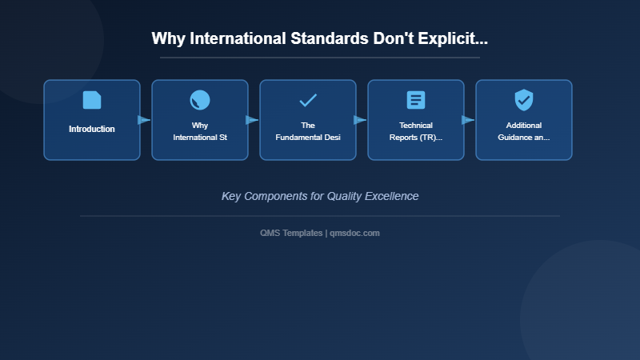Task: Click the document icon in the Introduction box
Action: click(x=92, y=100)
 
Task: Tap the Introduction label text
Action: click(x=92, y=129)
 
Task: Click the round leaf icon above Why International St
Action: click(x=200, y=100)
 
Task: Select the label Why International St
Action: click(x=200, y=131)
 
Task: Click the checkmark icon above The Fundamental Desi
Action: click(x=308, y=100)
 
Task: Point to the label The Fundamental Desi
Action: click(x=308, y=131)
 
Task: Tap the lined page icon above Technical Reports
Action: click(x=416, y=100)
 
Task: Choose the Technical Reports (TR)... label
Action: click(x=416, y=131)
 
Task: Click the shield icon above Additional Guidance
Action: click(x=524, y=100)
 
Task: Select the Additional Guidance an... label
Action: click(x=524, y=131)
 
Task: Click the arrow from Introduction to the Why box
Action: click(x=144, y=120)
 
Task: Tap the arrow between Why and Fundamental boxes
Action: click(x=252, y=120)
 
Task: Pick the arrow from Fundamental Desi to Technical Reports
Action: click(x=360, y=120)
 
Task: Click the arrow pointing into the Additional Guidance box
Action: click(x=468, y=120)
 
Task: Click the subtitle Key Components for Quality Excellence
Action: click(x=320, y=196)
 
